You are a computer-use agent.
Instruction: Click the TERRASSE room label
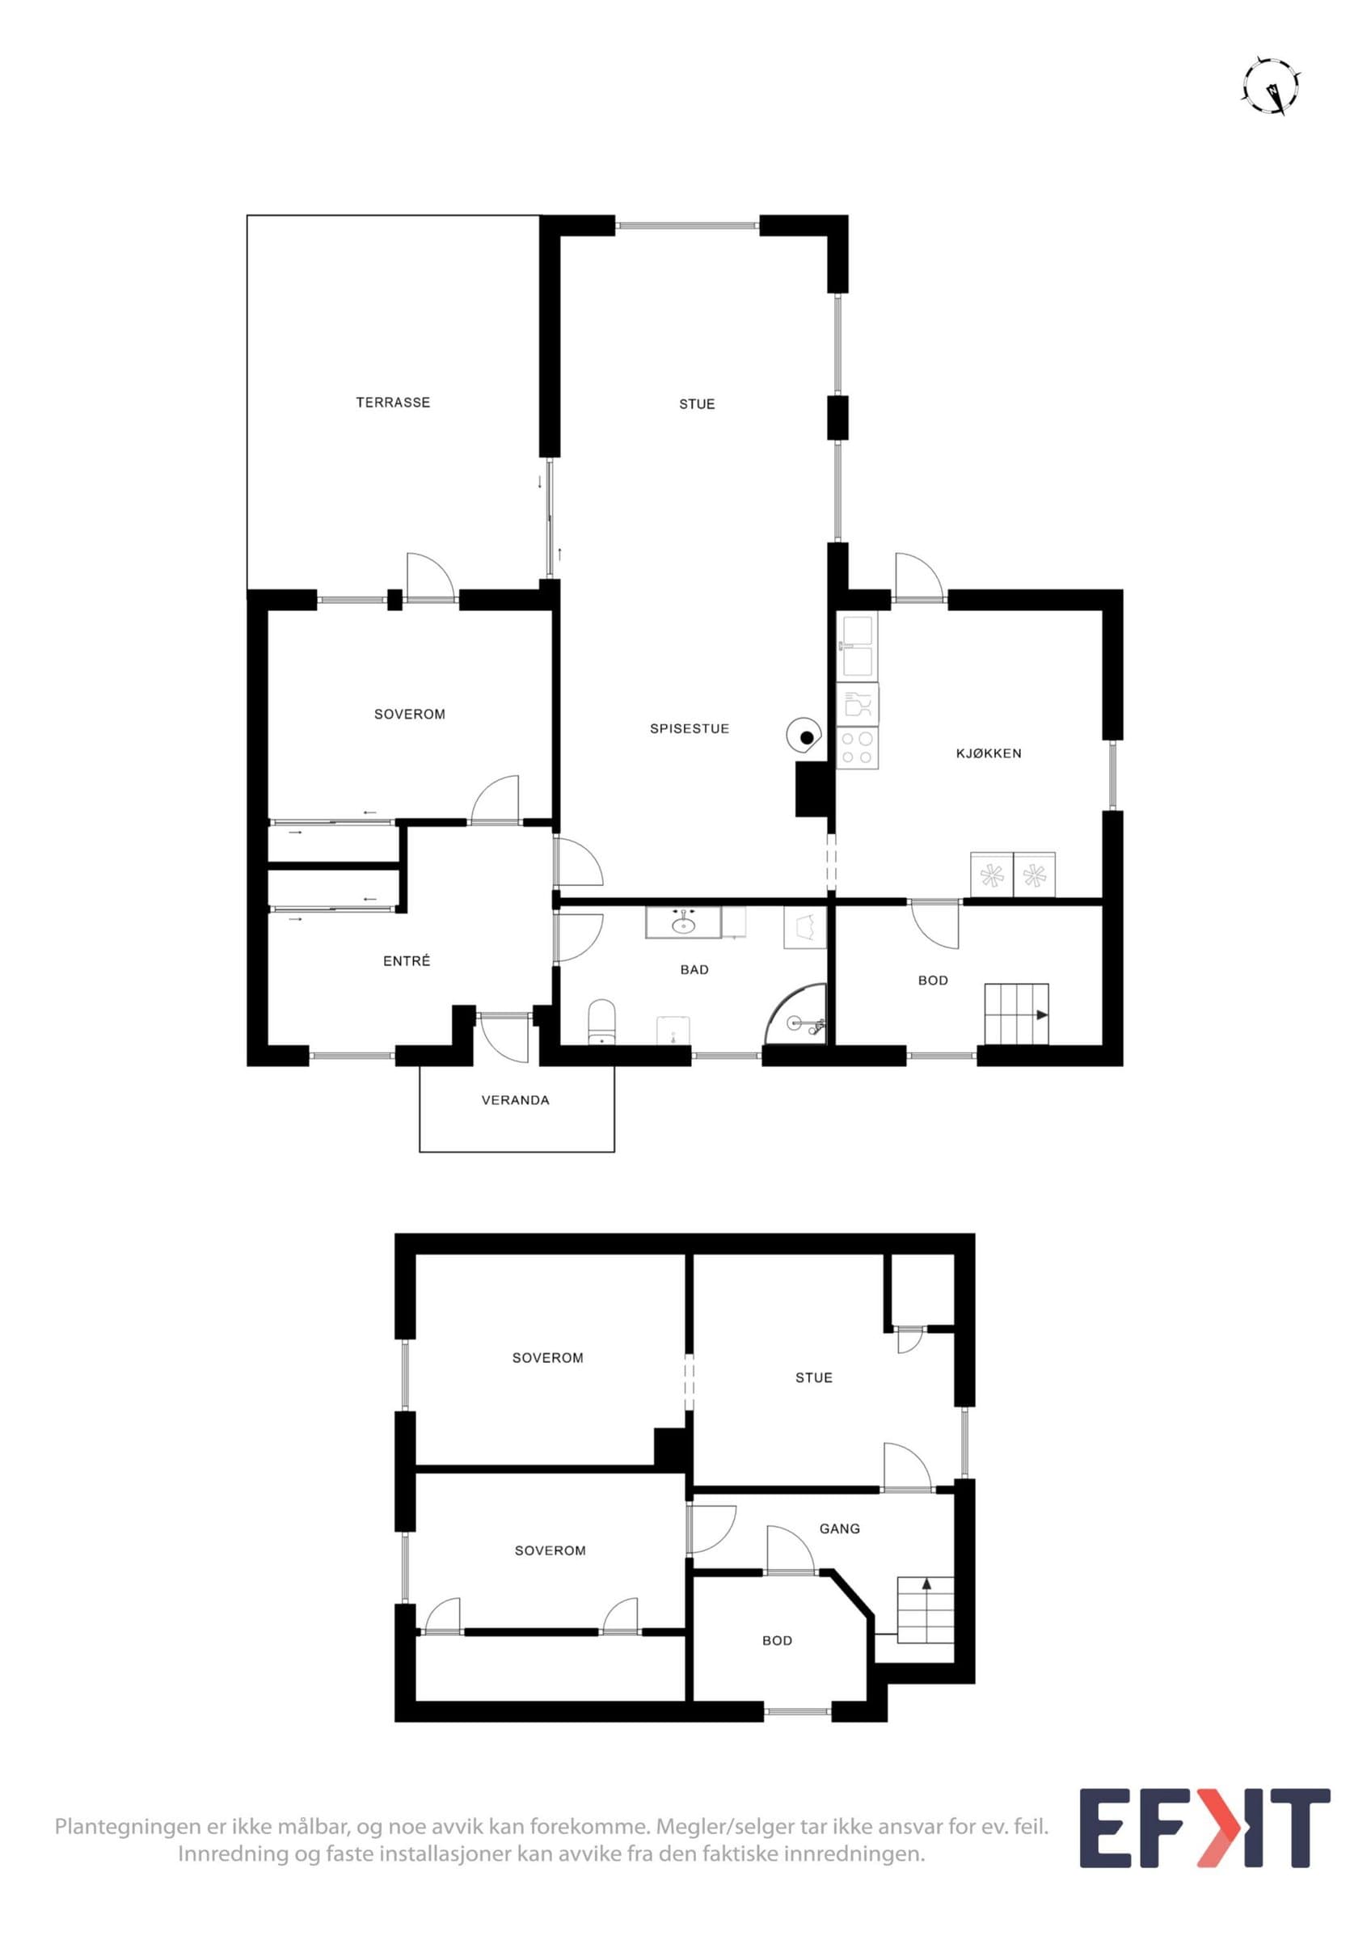click(393, 403)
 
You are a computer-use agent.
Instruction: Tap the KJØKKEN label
click(989, 753)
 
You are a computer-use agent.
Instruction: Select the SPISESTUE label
click(690, 728)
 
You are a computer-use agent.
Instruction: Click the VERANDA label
click(515, 1100)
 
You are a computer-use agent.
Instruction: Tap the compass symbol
click(1271, 86)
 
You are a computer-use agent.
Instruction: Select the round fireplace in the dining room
click(804, 736)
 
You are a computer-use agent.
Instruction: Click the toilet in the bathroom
click(602, 1023)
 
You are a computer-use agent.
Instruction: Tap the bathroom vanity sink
click(683, 922)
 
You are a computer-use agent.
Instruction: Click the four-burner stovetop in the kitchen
click(858, 749)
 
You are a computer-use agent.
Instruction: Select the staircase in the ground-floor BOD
click(1016, 1014)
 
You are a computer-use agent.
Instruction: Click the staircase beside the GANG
click(925, 1609)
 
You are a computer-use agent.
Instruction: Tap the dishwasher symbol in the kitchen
click(858, 705)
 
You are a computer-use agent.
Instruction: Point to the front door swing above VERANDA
click(504, 1038)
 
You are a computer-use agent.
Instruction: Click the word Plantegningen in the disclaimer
click(129, 1827)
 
